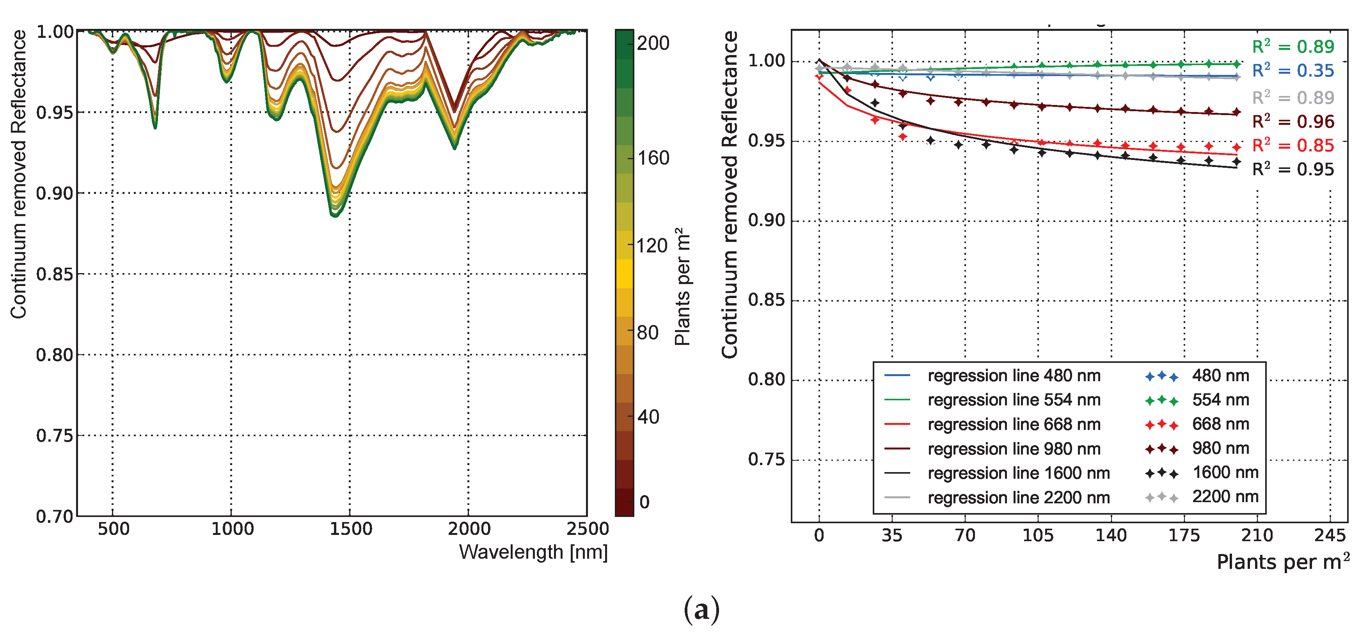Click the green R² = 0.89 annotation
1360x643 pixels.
pyautogui.click(x=1293, y=46)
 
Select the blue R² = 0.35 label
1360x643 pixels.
pyautogui.click(x=1293, y=70)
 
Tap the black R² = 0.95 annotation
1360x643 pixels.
pyautogui.click(x=1293, y=169)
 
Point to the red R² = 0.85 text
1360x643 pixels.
pyautogui.click(x=1293, y=145)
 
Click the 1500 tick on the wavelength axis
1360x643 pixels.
pyautogui.click(x=351, y=528)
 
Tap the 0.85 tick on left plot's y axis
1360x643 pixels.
pyautogui.click(x=54, y=274)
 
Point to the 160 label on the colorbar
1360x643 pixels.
pyautogui.click(x=653, y=158)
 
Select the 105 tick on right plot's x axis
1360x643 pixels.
pyautogui.click(x=1038, y=535)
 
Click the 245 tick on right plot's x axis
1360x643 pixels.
pyautogui.click(x=1330, y=535)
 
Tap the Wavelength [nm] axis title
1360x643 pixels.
pyautogui.click(x=533, y=552)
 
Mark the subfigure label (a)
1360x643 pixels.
pyautogui.click(x=701, y=610)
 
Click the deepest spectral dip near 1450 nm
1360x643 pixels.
pyautogui.click(x=335, y=214)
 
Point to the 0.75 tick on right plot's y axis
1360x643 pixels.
pyautogui.click(x=766, y=459)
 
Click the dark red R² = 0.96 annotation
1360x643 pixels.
pyautogui.click(x=1293, y=121)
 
